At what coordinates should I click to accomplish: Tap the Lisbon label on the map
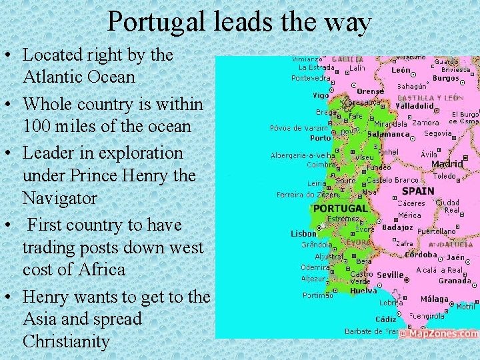[x=303, y=234]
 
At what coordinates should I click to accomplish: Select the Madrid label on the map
[x=447, y=164]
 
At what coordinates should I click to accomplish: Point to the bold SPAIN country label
[x=418, y=191]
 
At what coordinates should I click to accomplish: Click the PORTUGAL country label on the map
[x=340, y=208]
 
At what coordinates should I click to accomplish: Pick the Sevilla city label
[x=390, y=275]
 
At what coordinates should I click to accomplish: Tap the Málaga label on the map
[x=435, y=299]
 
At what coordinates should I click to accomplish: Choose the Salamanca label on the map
[x=388, y=134]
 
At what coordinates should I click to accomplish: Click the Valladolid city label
[x=415, y=105]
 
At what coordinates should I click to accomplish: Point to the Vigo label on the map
[x=321, y=95]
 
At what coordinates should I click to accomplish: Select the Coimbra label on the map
[x=321, y=165]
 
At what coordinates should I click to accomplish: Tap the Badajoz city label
[x=397, y=227]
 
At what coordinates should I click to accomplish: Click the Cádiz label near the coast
[x=385, y=319]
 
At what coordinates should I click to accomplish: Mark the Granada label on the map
[x=455, y=281]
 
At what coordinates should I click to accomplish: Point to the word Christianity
[x=66, y=341]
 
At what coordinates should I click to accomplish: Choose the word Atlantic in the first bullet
[x=53, y=77]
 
